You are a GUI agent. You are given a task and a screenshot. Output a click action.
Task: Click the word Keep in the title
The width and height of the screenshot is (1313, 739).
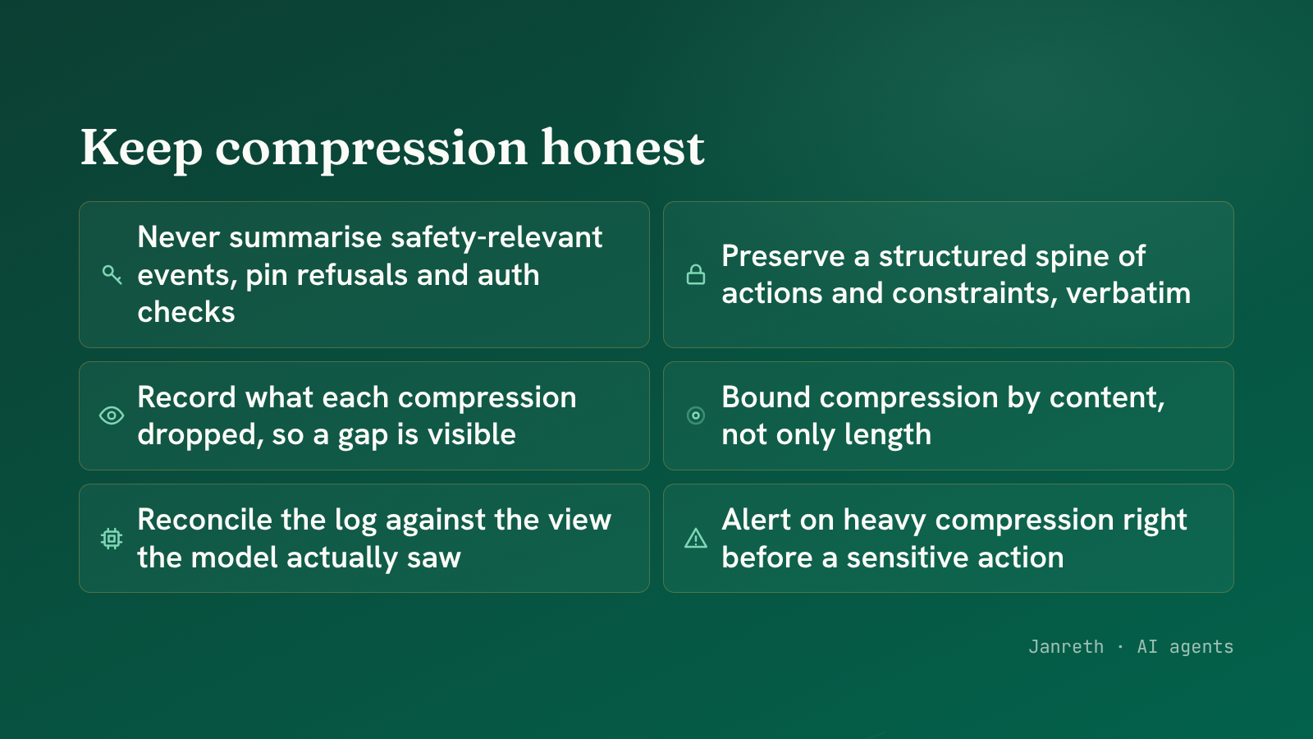click(x=141, y=149)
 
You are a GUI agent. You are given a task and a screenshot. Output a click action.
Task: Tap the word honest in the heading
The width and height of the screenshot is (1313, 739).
click(x=623, y=147)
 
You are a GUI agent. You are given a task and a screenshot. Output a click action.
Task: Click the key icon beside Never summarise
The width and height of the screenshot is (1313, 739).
click(x=112, y=274)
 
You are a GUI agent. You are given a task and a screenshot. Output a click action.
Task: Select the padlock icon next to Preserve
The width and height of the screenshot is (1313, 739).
click(x=696, y=274)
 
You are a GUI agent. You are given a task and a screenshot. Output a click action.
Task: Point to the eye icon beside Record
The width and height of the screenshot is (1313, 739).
click(x=112, y=415)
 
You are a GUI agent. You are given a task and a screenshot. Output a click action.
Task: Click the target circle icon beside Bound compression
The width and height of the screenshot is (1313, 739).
click(x=696, y=415)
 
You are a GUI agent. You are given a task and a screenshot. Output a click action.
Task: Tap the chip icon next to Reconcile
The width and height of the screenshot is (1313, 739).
click(x=112, y=538)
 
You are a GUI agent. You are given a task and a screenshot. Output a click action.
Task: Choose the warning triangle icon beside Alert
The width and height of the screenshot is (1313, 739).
click(x=696, y=538)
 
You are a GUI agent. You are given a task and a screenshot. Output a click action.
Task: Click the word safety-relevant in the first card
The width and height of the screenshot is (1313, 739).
click(x=496, y=237)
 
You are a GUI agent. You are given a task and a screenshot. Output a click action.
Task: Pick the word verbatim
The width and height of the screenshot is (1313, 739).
click(x=1128, y=293)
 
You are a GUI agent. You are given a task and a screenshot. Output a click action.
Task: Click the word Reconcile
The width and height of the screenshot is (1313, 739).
click(x=204, y=520)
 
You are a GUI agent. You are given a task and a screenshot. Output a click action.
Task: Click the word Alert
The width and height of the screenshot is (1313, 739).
click(x=755, y=520)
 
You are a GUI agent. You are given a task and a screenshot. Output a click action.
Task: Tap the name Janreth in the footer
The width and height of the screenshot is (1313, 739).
click(x=1066, y=646)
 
